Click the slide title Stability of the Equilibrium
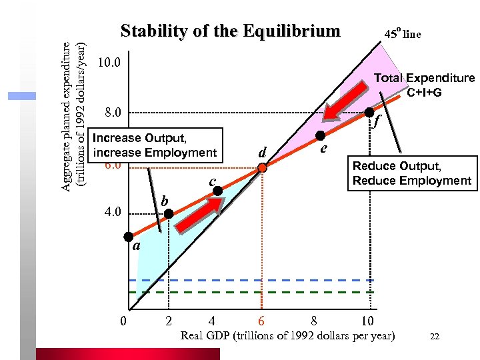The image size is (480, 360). [230, 31]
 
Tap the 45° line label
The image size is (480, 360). [403, 34]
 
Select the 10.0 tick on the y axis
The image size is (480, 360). [109, 63]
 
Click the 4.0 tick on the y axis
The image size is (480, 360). [109, 213]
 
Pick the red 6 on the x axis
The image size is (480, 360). [262, 320]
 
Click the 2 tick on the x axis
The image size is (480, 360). [169, 320]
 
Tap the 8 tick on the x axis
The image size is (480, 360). [315, 320]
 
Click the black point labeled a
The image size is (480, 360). [128, 237]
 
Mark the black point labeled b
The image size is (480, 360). [169, 214]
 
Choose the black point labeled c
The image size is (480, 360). [218, 191]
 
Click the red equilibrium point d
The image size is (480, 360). [263, 168]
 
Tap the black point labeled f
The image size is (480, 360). [369, 113]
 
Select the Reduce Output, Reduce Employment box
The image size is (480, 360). [411, 173]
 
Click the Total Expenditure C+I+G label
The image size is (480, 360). [424, 85]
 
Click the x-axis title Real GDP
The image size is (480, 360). [287, 335]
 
